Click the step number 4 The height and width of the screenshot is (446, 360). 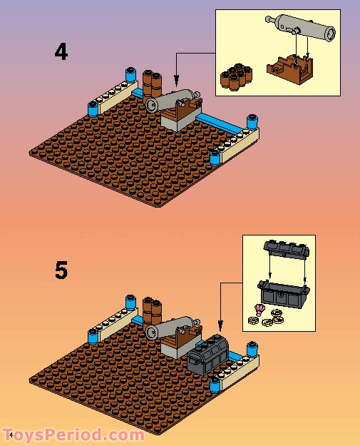pyautogui.click(x=61, y=52)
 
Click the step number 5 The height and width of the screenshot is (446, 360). pyautogui.click(x=61, y=270)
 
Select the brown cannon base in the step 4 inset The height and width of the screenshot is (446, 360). pyautogui.click(x=290, y=70)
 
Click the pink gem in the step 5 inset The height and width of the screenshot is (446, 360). pyautogui.click(x=259, y=310)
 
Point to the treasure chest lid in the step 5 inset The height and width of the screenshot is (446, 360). pyautogui.click(x=286, y=250)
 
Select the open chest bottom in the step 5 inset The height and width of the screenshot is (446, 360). pyautogui.click(x=283, y=295)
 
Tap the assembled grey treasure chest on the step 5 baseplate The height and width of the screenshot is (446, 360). pyautogui.click(x=208, y=355)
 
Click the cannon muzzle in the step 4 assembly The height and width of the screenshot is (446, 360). pyautogui.click(x=152, y=105)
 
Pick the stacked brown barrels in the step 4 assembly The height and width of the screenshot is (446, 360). pyautogui.click(x=152, y=84)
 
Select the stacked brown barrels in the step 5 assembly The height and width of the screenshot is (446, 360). pyautogui.click(x=152, y=310)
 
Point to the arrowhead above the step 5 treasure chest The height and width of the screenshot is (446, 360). pyautogui.click(x=220, y=324)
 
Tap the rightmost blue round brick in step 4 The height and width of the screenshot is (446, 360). pyautogui.click(x=252, y=122)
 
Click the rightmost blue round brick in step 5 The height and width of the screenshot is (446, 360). pyautogui.click(x=252, y=349)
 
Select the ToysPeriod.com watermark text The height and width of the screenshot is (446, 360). pyautogui.click(x=74, y=435)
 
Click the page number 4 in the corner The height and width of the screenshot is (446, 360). pyautogui.click(x=11, y=435)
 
